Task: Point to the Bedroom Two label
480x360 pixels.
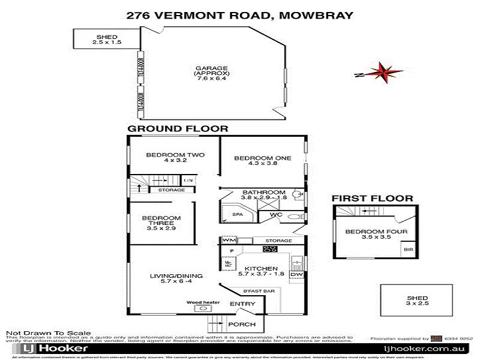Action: click(x=167, y=158)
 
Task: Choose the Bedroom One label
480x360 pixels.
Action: click(x=262, y=161)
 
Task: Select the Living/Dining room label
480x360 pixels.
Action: click(x=176, y=280)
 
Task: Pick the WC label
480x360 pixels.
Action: click(x=276, y=214)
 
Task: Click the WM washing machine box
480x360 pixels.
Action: click(x=227, y=241)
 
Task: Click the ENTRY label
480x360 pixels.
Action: click(x=242, y=304)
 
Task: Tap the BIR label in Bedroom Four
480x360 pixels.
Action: click(x=408, y=249)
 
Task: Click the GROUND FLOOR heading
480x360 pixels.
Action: click(x=178, y=128)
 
